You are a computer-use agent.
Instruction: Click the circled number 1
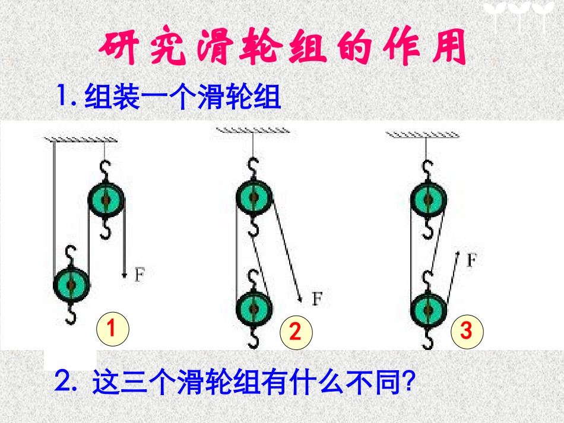click(111, 327)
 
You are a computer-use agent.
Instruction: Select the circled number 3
click(466, 331)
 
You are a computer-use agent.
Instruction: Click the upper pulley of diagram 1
click(107, 200)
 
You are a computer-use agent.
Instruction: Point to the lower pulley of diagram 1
click(72, 285)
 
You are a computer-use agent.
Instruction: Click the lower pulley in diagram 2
click(254, 308)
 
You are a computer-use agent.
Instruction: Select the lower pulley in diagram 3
click(427, 308)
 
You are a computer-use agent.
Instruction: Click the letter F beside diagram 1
click(140, 275)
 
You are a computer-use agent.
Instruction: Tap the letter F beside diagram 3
click(471, 259)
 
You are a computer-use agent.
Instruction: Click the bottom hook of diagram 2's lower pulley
click(255, 339)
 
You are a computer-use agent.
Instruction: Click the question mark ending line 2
click(407, 383)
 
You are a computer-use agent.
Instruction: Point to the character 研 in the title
click(118, 49)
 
